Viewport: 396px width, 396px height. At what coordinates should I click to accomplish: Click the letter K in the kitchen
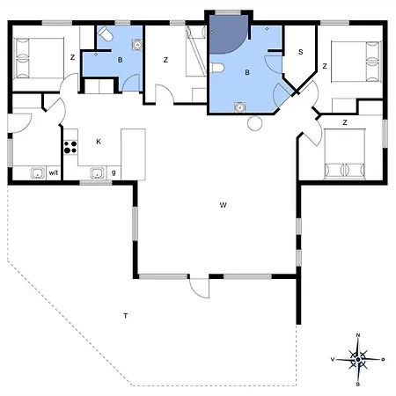pos(99,142)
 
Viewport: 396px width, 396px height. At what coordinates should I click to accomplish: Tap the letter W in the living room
pos(223,205)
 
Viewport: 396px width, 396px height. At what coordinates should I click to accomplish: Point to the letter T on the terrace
pos(126,316)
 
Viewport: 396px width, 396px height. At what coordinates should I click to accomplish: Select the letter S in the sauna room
pos(300,52)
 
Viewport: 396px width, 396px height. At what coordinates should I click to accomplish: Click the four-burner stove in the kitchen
pos(70,147)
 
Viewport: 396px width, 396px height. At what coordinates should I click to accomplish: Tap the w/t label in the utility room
pos(54,172)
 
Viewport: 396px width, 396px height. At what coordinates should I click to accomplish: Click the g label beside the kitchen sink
pos(114,172)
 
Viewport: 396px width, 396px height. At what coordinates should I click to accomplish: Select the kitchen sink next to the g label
pos(97,172)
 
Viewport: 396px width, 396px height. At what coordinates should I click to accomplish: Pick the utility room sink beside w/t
pos(38,172)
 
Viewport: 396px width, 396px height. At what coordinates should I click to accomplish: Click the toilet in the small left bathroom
pos(105,33)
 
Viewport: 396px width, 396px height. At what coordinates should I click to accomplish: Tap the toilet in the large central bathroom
pos(217,68)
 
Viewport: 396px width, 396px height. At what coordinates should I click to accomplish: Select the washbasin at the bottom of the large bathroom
pos(240,107)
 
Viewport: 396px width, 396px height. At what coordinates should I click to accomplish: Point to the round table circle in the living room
pos(254,123)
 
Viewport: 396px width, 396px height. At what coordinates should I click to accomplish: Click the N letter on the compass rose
pos(358,335)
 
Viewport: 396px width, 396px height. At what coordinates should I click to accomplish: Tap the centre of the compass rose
pos(358,359)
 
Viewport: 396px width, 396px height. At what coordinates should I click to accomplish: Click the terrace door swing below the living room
pos(200,289)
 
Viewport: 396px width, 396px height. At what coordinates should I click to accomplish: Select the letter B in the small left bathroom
pos(120,60)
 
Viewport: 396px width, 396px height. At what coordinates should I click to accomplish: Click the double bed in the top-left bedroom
pos(39,58)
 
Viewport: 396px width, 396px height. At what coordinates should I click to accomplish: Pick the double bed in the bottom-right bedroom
pos(345,154)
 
